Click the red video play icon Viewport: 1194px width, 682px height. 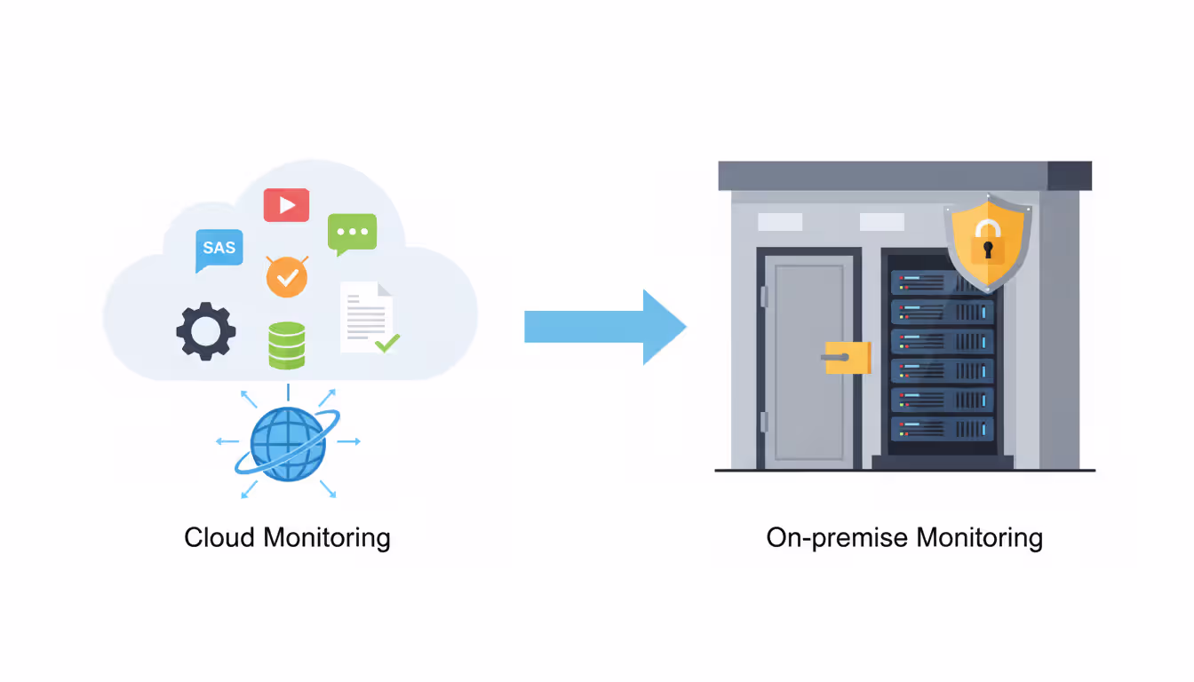coord(286,205)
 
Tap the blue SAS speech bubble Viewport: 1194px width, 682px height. coord(219,248)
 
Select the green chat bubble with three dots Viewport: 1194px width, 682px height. coord(352,233)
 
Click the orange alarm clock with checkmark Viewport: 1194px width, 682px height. coord(287,277)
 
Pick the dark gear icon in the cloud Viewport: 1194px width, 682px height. coord(205,331)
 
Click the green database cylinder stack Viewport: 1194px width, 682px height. coord(287,345)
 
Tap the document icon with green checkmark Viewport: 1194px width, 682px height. coord(368,317)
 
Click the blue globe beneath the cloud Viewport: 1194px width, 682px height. coord(287,444)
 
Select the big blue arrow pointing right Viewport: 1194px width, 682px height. coord(604,327)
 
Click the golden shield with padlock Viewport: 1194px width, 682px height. coord(987,244)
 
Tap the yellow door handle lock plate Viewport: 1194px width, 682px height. coord(847,357)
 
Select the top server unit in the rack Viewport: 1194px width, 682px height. coord(943,283)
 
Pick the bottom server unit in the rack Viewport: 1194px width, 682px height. coord(943,429)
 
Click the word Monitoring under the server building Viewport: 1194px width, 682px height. coord(979,538)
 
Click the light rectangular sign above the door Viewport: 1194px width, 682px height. coord(779,222)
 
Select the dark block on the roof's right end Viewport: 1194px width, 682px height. coord(1069,176)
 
